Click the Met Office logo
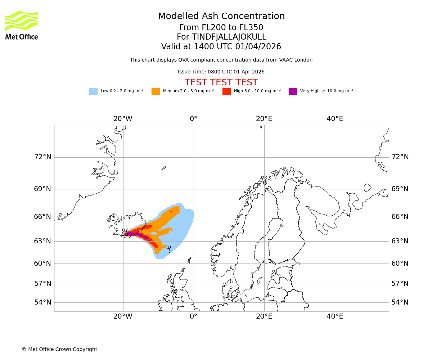[22, 25]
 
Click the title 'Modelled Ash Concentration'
[221, 17]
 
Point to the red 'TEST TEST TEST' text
[221, 83]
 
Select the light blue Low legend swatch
[93, 91]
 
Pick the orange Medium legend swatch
[156, 91]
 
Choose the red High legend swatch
[226, 91]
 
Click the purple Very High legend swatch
[293, 91]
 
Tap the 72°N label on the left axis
[42, 157]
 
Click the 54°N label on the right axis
[400, 302]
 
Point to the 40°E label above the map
[335, 119]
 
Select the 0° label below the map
[194, 316]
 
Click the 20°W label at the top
[123, 119]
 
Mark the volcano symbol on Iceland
[125, 233]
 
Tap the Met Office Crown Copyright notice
[59, 350]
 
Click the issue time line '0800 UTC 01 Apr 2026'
[221, 72]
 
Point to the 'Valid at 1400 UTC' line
[221, 47]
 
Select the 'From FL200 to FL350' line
[221, 28]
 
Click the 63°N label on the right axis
[400, 241]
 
